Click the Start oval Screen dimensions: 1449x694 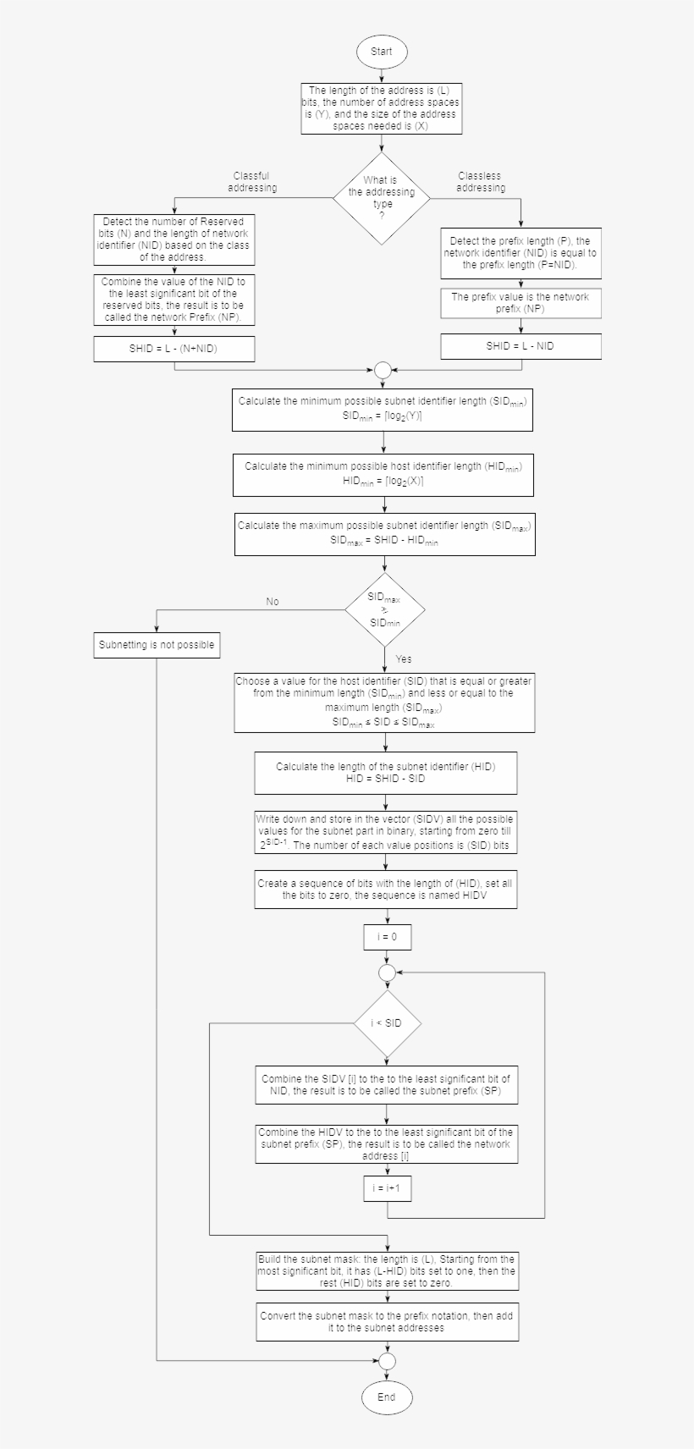tap(382, 52)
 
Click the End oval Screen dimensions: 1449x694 tap(386, 1397)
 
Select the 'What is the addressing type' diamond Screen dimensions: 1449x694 tap(382, 198)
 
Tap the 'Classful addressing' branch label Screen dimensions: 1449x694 tap(251, 182)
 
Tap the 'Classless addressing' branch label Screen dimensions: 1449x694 tap(480, 182)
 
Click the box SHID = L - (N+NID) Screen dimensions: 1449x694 tap(173, 348)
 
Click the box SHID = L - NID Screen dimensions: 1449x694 tap(520, 345)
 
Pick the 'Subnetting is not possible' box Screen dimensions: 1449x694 tap(157, 645)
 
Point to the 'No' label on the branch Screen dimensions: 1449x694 tap(273, 602)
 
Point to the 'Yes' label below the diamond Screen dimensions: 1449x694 tap(404, 659)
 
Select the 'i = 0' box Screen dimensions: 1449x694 tap(387, 937)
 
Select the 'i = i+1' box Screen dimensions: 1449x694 tap(387, 1188)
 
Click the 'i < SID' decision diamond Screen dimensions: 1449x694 tap(387, 1023)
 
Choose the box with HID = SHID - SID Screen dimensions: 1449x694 tap(386, 773)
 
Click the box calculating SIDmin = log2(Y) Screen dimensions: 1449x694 tap(383, 409)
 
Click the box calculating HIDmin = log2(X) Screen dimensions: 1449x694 tap(383, 475)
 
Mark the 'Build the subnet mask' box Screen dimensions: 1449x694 tap(388, 1271)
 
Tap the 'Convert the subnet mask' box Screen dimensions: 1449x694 tap(388, 1322)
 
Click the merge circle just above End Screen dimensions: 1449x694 tap(387, 1361)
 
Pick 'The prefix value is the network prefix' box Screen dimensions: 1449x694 tap(520, 303)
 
